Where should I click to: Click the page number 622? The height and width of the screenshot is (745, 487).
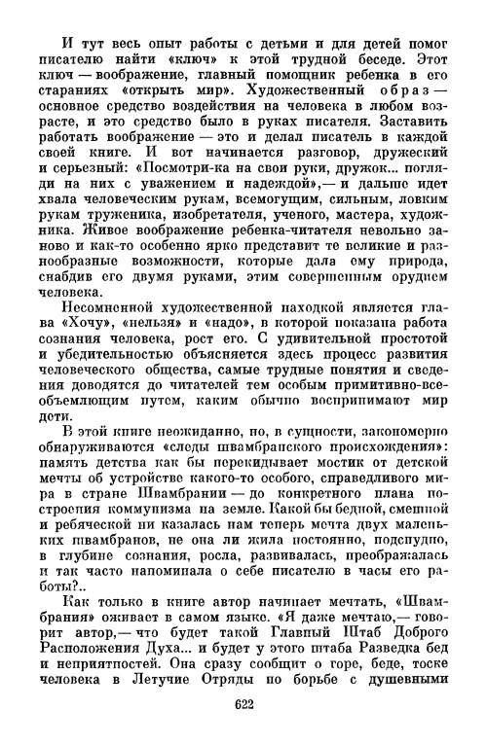(x=243, y=703)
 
